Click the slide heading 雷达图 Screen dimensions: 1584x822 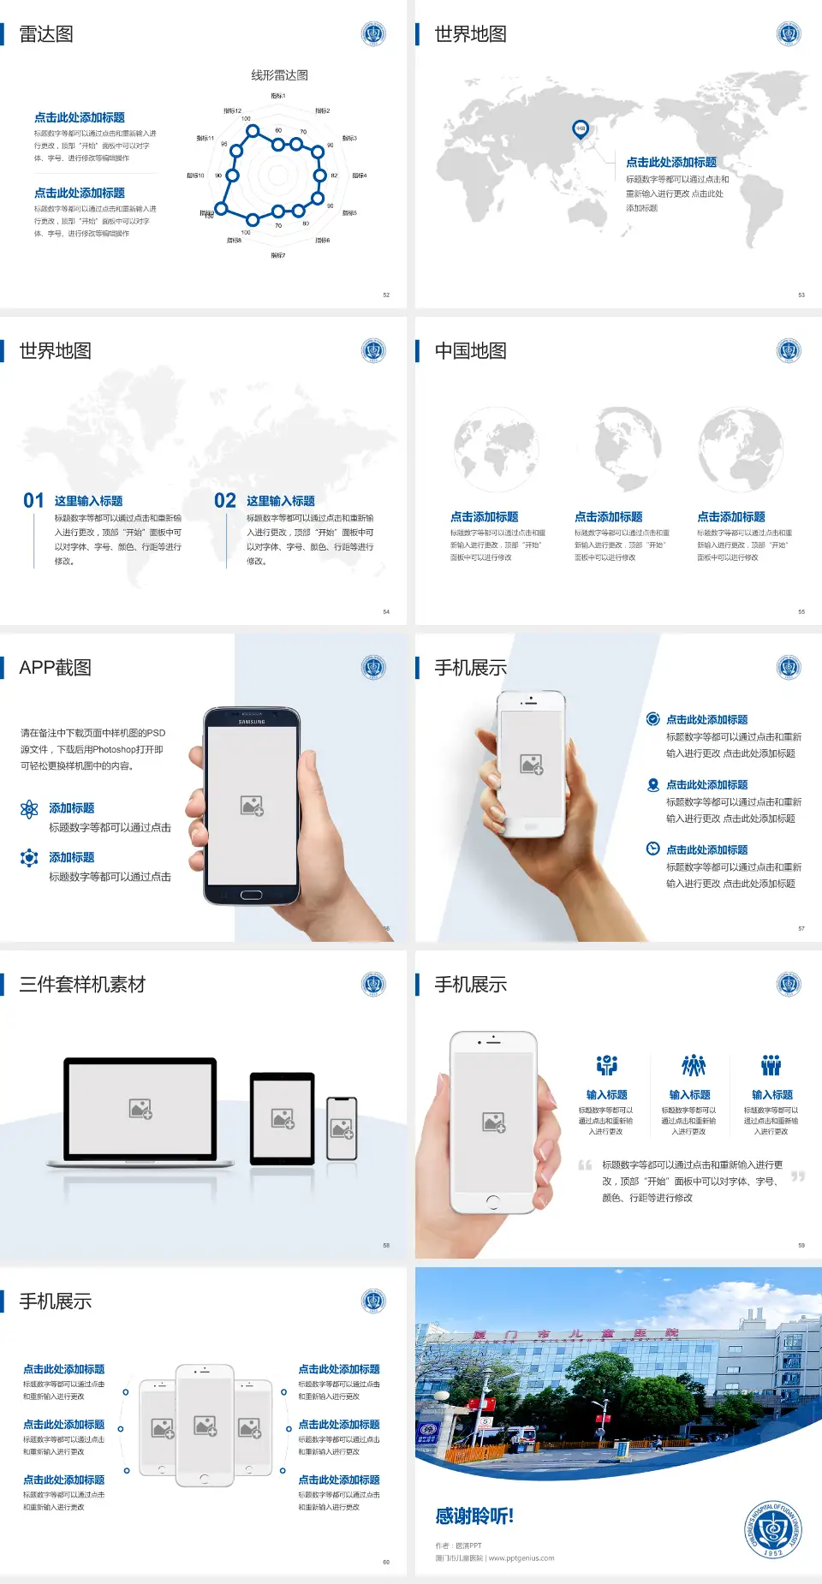pos(46,34)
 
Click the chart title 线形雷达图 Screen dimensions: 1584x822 pos(279,75)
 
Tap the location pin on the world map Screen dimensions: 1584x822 pos(581,129)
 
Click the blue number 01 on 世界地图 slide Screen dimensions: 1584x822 pos(33,501)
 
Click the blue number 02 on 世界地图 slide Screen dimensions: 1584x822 pos(225,501)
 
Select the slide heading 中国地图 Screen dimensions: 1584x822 pos(470,351)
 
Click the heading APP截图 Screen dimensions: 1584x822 pos(56,668)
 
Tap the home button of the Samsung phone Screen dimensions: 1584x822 pos(251,895)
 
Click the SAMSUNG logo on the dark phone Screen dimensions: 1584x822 pos(252,722)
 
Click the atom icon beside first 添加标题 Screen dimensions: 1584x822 pos(29,809)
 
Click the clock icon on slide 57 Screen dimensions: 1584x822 pos(652,849)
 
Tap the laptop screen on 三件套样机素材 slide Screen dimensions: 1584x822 pos(140,1108)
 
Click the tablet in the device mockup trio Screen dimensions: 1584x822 pos(283,1118)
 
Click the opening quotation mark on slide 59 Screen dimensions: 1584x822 pos(585,1165)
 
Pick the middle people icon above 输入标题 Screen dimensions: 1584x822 pos(693,1065)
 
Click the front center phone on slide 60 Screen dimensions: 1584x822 pos(205,1425)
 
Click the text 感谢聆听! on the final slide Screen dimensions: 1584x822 pos(474,1516)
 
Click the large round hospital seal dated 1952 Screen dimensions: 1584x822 pos(772,1529)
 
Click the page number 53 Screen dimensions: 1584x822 pos(801,295)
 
